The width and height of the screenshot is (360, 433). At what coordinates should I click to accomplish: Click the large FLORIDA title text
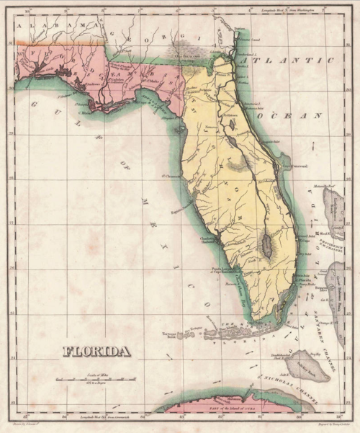[x=96, y=352]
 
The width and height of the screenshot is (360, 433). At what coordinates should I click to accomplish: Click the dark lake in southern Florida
[x=266, y=245]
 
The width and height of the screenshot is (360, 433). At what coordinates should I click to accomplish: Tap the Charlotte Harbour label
[x=207, y=241]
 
